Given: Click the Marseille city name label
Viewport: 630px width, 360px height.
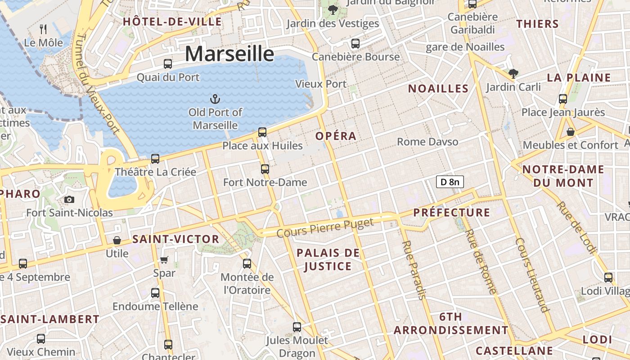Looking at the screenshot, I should [x=229, y=54].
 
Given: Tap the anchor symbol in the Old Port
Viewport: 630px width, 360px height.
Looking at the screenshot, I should [x=215, y=99].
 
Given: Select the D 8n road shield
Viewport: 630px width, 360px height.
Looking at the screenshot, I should [x=450, y=182].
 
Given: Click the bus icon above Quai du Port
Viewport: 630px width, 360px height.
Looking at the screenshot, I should [x=168, y=64].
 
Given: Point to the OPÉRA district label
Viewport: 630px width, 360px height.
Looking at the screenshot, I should [x=336, y=136].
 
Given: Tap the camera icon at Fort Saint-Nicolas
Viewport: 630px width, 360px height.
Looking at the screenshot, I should [x=69, y=199].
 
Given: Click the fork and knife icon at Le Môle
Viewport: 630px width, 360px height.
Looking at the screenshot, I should [x=43, y=29].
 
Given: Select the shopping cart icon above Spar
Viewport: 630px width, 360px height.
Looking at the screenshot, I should [x=164, y=260].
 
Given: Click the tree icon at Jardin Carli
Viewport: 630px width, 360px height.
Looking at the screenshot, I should [x=513, y=73].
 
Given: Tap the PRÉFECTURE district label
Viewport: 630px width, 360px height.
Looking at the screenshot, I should [x=451, y=212].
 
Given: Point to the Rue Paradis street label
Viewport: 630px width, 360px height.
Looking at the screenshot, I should [x=414, y=270].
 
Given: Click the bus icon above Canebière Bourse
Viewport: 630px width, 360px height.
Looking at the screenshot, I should [x=355, y=44].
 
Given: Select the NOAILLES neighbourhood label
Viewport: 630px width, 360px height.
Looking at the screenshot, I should [x=438, y=89].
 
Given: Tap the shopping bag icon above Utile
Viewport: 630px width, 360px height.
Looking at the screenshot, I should [x=117, y=240].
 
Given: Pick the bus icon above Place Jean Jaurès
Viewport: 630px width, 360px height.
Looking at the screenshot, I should [x=562, y=99].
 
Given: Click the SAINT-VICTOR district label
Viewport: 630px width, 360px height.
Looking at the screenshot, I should [x=175, y=239].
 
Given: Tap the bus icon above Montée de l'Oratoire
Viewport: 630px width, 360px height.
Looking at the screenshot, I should [x=247, y=264].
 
